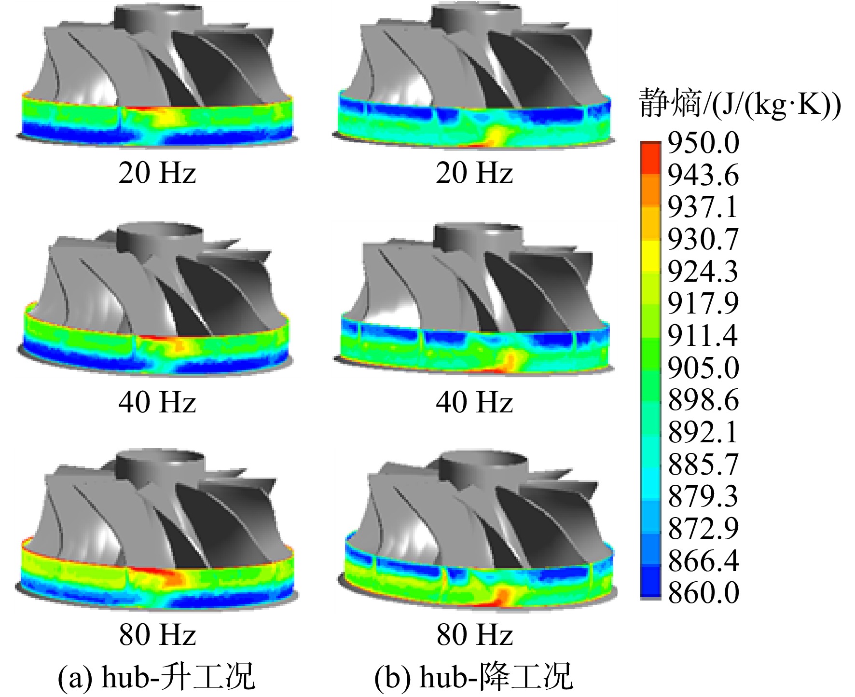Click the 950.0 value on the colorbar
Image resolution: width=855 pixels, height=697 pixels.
click(x=703, y=143)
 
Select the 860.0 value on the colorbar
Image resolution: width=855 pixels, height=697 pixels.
click(x=703, y=592)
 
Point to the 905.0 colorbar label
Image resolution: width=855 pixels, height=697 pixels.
click(x=703, y=368)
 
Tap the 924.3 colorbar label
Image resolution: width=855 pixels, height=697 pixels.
click(x=703, y=272)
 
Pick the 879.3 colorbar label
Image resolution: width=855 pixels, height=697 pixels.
click(x=703, y=496)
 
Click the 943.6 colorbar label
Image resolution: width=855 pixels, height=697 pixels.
click(x=703, y=175)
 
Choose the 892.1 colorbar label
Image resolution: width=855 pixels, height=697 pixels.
click(x=703, y=432)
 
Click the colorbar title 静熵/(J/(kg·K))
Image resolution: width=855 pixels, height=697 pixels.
click(x=740, y=104)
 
